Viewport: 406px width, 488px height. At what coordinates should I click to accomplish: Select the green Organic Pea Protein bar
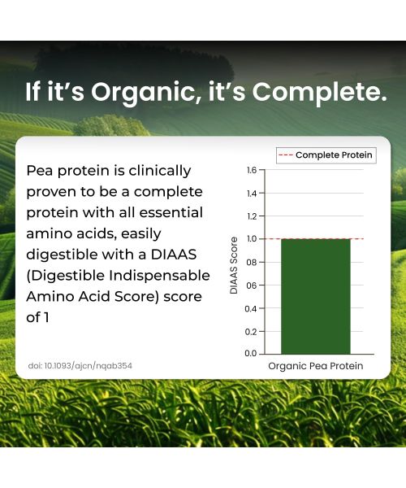(315, 296)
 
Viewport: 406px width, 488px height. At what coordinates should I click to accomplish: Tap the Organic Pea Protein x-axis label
(316, 367)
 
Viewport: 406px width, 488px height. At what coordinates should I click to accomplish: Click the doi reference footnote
(80, 366)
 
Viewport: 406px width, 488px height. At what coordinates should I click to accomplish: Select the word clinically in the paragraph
(162, 171)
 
